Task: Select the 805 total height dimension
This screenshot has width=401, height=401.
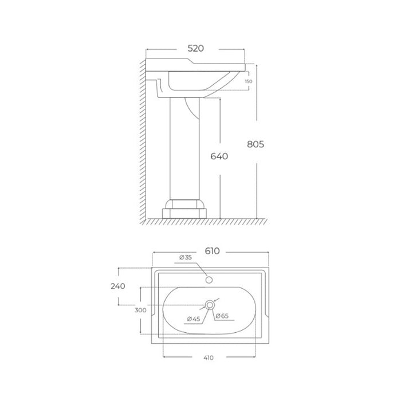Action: (x=255, y=144)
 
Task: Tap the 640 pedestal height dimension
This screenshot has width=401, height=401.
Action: (x=219, y=156)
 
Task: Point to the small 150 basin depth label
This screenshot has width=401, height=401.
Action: (x=248, y=81)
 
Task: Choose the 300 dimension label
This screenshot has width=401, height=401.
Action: (x=140, y=310)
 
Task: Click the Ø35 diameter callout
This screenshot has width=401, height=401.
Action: (x=185, y=258)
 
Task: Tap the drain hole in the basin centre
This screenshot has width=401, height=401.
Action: (x=210, y=305)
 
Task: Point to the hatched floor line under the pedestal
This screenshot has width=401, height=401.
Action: (x=200, y=221)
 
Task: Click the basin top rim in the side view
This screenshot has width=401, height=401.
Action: (x=195, y=62)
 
